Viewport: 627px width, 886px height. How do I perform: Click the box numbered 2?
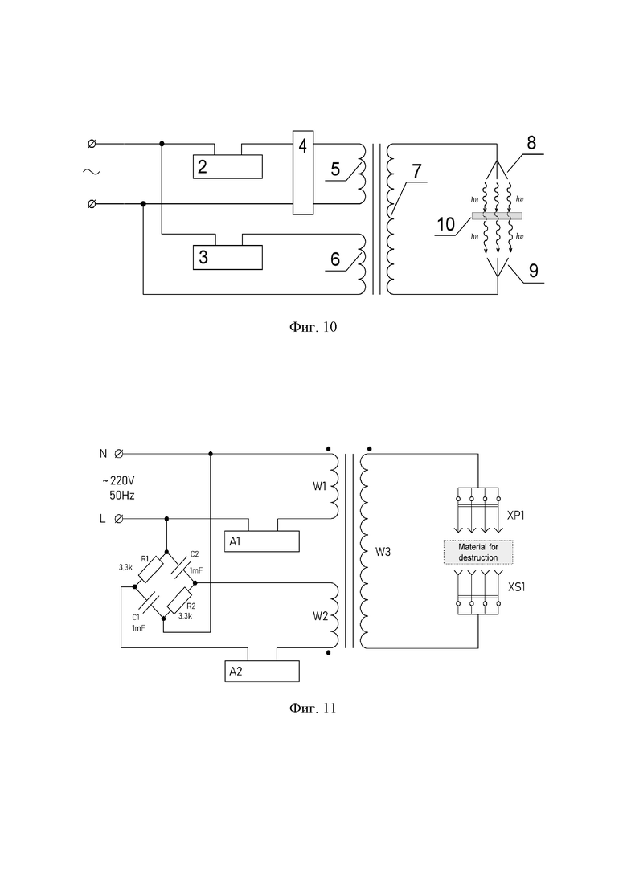tap(227, 166)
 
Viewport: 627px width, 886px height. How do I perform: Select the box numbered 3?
tap(227, 257)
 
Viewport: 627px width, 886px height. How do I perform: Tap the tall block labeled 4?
tap(303, 173)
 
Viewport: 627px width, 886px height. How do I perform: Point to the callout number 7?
tap(416, 170)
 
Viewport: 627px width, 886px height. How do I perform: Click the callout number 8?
tap(531, 143)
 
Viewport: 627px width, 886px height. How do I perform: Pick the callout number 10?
tap(446, 224)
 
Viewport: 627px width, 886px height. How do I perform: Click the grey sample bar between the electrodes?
tap(497, 216)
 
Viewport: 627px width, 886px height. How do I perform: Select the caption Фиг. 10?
tap(313, 327)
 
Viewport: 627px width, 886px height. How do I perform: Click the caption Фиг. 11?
tap(313, 708)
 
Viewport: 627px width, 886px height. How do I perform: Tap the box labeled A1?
tap(262, 541)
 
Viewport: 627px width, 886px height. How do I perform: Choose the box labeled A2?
tap(262, 672)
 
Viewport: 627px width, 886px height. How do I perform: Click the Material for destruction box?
tap(478, 552)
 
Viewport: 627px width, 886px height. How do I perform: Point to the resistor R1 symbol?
tap(150, 570)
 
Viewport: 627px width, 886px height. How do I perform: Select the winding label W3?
tap(383, 552)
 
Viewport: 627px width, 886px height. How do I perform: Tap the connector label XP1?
tap(515, 516)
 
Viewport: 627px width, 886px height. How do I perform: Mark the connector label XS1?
tap(516, 587)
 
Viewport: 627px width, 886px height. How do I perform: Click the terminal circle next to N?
tap(119, 454)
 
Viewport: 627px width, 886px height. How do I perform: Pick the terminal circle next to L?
tap(119, 519)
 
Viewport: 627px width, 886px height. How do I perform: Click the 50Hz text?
tap(122, 496)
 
